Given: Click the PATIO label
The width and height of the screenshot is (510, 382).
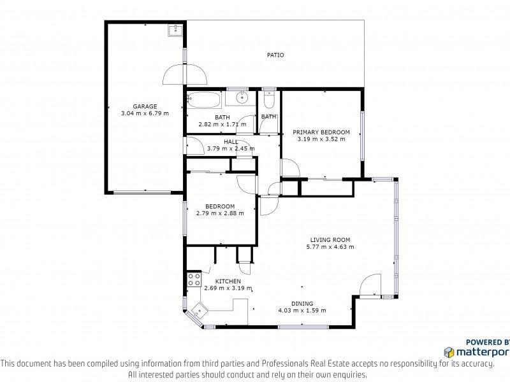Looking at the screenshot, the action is click(275, 55).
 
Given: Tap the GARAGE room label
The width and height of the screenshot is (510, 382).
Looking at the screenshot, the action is click(145, 106).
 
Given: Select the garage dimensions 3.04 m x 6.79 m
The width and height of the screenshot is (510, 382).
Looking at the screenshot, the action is click(145, 113).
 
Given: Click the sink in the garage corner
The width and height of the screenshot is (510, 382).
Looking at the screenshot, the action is click(176, 30).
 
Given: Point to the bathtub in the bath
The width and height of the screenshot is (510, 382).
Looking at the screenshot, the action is click(203, 100).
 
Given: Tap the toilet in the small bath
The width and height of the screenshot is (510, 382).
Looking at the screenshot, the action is click(269, 100).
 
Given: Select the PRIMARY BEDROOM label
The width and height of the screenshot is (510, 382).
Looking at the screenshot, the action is click(321, 132).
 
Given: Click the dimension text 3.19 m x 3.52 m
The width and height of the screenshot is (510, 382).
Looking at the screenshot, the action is click(321, 139).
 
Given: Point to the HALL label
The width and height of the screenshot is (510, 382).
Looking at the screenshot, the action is click(231, 142).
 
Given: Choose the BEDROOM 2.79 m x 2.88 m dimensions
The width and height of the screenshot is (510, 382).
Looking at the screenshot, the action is click(220, 213).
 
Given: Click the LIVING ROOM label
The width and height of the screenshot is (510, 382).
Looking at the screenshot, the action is click(330, 240).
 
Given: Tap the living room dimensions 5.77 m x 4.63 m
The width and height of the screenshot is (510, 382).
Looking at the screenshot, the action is click(330, 247).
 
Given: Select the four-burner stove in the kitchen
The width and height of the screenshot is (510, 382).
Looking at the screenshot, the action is click(194, 279).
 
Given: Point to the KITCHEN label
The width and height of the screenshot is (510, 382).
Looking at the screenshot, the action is click(228, 281).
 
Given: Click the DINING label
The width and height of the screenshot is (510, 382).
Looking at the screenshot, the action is click(302, 304).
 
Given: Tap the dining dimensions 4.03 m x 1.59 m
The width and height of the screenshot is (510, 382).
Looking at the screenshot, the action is click(302, 311).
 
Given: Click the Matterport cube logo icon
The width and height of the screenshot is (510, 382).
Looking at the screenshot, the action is click(449, 353).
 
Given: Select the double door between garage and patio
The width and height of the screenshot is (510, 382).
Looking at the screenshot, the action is click(185, 74).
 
